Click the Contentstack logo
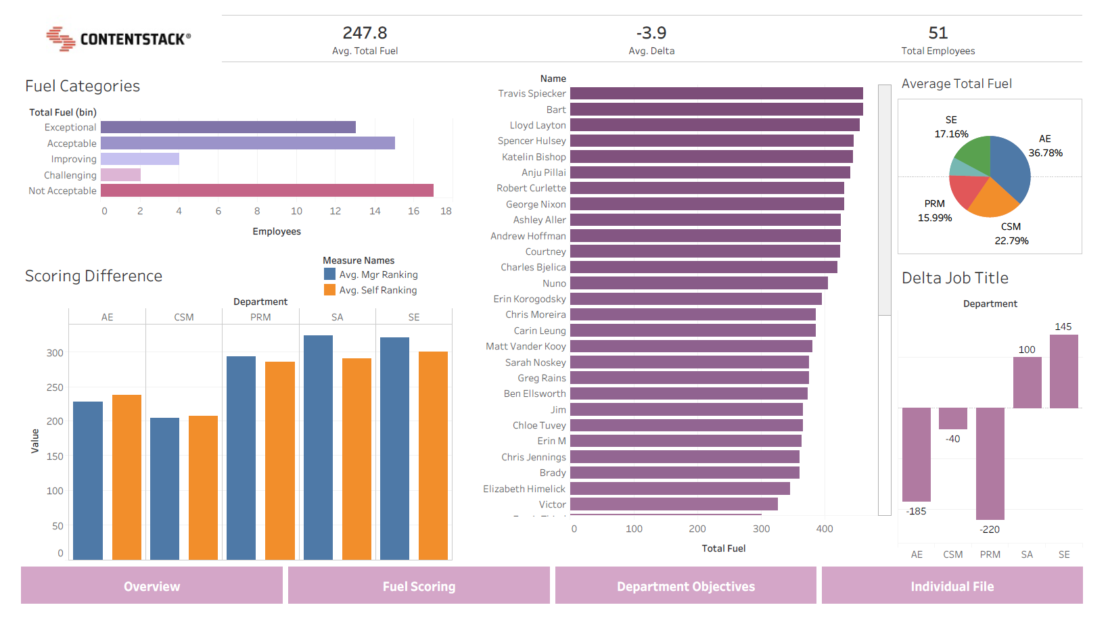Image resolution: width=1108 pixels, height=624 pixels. tap(118, 39)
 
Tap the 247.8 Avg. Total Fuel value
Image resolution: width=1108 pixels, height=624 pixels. tap(365, 33)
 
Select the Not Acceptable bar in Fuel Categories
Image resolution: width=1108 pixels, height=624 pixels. tap(267, 191)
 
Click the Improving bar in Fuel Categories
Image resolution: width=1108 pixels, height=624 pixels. tap(140, 159)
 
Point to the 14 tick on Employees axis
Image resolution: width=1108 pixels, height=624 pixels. tap(375, 211)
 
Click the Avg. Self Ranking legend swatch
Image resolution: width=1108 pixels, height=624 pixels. tap(330, 290)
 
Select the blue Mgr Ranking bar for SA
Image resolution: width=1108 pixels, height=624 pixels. tap(318, 446)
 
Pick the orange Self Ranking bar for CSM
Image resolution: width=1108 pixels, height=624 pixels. tap(203, 487)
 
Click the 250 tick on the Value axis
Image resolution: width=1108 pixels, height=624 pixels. tap(55, 387)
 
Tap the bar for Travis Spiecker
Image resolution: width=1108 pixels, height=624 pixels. tap(716, 93)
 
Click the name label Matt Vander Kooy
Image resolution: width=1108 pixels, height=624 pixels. tap(526, 346)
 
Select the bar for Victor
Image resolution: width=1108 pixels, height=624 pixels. tap(674, 504)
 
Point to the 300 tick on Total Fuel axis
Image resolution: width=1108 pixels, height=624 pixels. tap(761, 529)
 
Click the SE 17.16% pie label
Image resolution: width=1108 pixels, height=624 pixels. tap(951, 127)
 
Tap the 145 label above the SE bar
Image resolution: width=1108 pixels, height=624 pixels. tap(1063, 327)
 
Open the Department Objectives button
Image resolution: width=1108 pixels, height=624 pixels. tap(685, 586)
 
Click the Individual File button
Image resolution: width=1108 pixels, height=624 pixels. tap(952, 586)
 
